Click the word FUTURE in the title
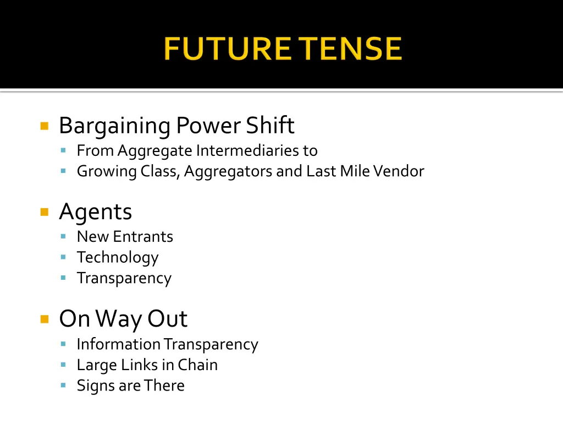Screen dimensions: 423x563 (x=227, y=49)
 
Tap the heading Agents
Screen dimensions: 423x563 (x=96, y=212)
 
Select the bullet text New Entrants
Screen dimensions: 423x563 (x=125, y=236)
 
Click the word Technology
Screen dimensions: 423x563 (x=118, y=257)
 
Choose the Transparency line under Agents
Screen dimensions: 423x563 (x=124, y=278)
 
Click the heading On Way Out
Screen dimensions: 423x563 (x=123, y=318)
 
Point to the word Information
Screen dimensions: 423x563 (x=119, y=344)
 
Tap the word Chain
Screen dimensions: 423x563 (x=197, y=365)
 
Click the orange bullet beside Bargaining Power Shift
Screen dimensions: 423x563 (x=45, y=126)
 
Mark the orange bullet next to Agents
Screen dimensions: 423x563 (x=45, y=212)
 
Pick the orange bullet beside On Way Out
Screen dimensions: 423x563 (x=45, y=318)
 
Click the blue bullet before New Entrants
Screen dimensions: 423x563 (x=64, y=236)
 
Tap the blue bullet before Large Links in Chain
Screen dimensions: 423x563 (x=64, y=364)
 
